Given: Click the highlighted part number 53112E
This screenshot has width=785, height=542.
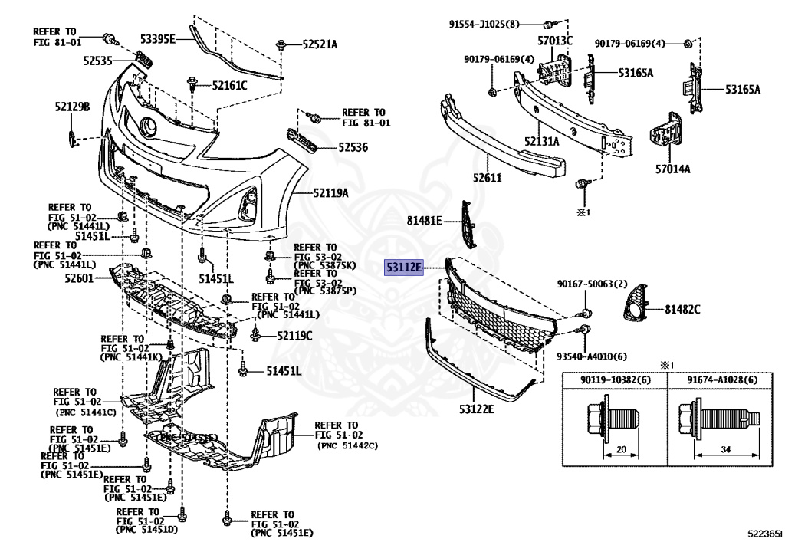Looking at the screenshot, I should (x=404, y=268).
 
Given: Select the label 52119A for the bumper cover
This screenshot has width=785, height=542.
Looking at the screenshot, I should (x=330, y=193).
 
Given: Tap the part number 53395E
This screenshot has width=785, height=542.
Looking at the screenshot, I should (x=158, y=38).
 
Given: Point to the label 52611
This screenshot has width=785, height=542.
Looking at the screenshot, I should (x=487, y=200).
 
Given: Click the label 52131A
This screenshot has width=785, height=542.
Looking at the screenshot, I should (x=542, y=141).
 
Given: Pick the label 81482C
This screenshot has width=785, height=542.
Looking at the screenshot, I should (x=683, y=309).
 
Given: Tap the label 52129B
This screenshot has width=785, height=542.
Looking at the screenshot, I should (x=72, y=107).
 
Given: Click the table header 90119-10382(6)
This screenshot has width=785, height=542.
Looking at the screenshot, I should (x=615, y=379).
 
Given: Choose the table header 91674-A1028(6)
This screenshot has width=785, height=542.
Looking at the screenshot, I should (x=721, y=379).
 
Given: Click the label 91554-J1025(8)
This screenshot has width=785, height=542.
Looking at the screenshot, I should (x=495, y=24).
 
